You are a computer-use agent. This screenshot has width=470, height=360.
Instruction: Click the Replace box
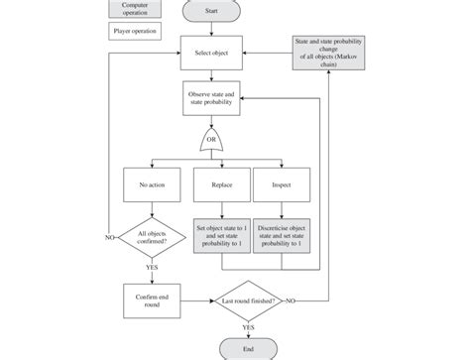(220, 184)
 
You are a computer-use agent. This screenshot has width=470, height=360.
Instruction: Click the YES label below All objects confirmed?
(153, 268)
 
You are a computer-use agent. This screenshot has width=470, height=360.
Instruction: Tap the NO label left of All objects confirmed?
(109, 238)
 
